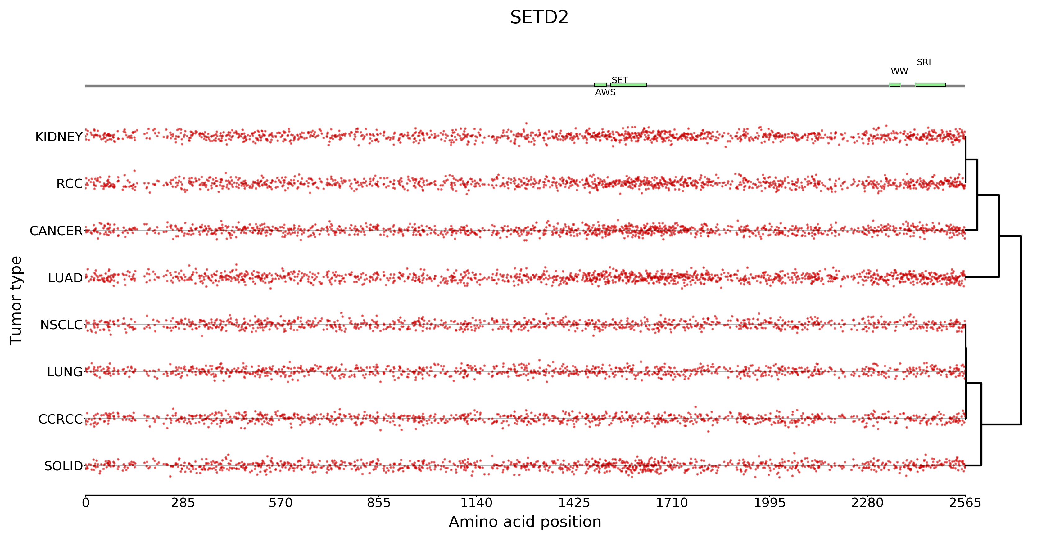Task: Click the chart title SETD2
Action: [x=539, y=18]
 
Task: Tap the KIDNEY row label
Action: [x=59, y=137]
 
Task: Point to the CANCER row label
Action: [x=56, y=231]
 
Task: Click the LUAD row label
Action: [x=65, y=278]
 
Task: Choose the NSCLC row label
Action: [x=61, y=325]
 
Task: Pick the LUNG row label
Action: [x=64, y=372]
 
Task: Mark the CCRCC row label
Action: [x=60, y=419]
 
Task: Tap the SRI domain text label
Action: [x=924, y=62]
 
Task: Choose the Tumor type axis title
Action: [x=16, y=300]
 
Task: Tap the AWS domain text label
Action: [x=605, y=92]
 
